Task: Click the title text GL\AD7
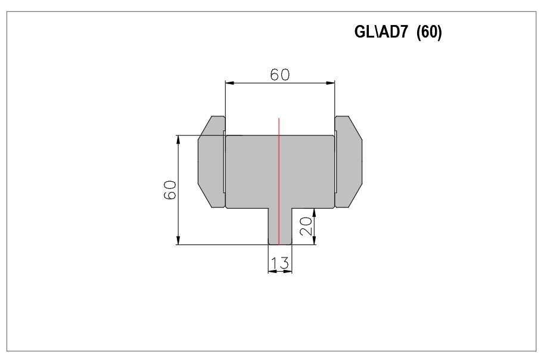(381, 32)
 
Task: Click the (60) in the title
(430, 32)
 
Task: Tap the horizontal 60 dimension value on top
(280, 75)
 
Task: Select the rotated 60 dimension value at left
(170, 190)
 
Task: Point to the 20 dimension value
(305, 226)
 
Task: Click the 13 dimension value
(280, 263)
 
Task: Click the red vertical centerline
(279, 181)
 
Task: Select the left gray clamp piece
(212, 162)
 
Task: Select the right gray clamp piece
(349, 162)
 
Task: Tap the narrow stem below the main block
(280, 226)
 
